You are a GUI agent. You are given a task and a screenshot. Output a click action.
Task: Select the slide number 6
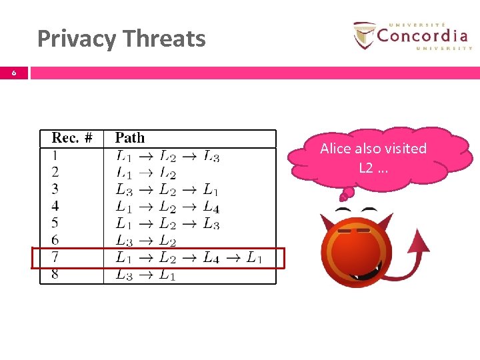tap(14, 73)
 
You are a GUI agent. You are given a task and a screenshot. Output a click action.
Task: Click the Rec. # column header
tap(71, 138)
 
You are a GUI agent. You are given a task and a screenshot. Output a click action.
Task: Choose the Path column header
tap(129, 138)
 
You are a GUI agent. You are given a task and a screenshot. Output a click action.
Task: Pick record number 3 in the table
tap(55, 189)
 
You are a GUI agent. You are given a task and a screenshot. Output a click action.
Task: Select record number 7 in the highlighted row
tap(55, 257)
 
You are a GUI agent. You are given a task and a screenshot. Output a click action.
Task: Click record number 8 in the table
tap(55, 274)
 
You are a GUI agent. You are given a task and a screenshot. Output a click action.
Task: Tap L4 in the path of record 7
tap(211, 257)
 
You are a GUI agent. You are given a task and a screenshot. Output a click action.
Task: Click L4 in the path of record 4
tap(211, 207)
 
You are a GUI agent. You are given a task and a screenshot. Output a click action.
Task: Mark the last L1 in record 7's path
tap(254, 257)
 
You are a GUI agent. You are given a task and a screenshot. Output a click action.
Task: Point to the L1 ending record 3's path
tap(211, 189)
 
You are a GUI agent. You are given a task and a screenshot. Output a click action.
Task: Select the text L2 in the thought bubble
tap(366, 167)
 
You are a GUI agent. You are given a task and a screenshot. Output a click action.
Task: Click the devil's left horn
tap(328, 224)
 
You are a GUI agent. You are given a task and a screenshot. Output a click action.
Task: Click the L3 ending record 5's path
tap(211, 223)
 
